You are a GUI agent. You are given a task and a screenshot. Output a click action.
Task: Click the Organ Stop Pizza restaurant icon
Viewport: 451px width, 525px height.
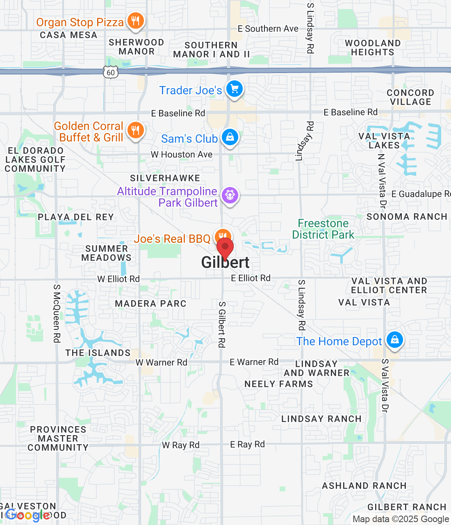click(x=135, y=21)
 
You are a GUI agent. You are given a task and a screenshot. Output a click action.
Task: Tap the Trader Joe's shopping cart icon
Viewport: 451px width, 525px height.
click(x=235, y=89)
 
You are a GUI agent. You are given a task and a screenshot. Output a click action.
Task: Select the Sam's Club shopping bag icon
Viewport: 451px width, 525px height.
click(x=230, y=137)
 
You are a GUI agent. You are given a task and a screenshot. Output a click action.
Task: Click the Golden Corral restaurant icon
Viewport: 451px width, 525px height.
click(x=135, y=130)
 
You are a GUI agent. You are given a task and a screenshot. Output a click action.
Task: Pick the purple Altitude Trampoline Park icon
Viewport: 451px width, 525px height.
click(x=230, y=195)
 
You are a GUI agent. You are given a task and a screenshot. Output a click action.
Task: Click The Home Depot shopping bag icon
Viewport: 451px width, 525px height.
click(x=395, y=340)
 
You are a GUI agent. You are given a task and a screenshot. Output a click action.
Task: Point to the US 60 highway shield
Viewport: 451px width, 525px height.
click(x=111, y=73)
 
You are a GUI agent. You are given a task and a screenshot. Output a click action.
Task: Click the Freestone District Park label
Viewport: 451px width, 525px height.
click(x=323, y=229)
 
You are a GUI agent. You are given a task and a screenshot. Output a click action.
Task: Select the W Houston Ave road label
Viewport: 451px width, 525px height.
click(x=182, y=155)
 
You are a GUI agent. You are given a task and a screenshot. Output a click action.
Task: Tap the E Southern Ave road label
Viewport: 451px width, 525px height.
click(x=268, y=29)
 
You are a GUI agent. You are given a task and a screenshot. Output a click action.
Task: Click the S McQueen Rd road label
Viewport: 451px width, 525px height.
click(x=57, y=313)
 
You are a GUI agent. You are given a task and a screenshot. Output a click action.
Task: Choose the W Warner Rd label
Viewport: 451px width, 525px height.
click(x=161, y=363)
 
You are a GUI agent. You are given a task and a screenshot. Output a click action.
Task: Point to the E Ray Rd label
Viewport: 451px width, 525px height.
click(x=247, y=444)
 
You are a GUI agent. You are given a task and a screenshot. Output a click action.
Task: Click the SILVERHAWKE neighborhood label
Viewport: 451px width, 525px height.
click(x=165, y=178)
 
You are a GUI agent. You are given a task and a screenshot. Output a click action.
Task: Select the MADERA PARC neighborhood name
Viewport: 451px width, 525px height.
click(x=150, y=304)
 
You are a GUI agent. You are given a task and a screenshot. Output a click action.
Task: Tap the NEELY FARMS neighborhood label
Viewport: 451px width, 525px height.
click(x=278, y=384)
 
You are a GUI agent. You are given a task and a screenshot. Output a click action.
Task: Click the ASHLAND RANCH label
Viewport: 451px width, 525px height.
click(x=364, y=486)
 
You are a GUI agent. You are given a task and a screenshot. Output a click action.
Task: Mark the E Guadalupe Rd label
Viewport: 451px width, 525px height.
click(x=421, y=194)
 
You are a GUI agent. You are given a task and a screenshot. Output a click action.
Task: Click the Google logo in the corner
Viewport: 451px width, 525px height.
click(x=28, y=515)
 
